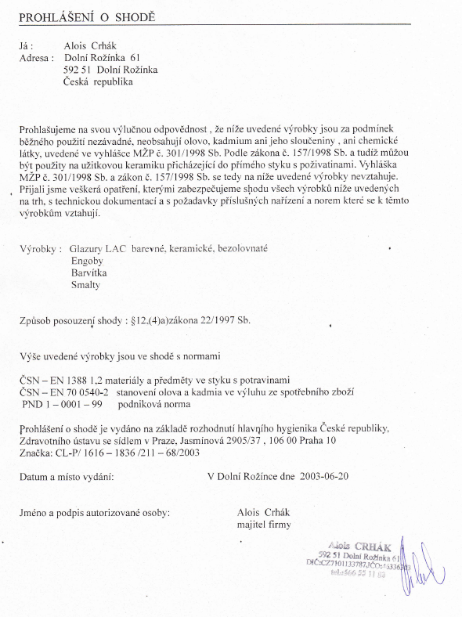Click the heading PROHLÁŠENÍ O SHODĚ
click(x=87, y=16)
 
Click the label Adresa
click(x=36, y=58)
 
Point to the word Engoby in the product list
click(x=88, y=261)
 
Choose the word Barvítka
click(x=88, y=273)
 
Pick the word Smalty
click(x=85, y=286)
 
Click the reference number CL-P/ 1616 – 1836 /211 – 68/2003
click(x=138, y=453)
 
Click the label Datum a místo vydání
click(x=67, y=476)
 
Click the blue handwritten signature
click(x=417, y=570)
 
